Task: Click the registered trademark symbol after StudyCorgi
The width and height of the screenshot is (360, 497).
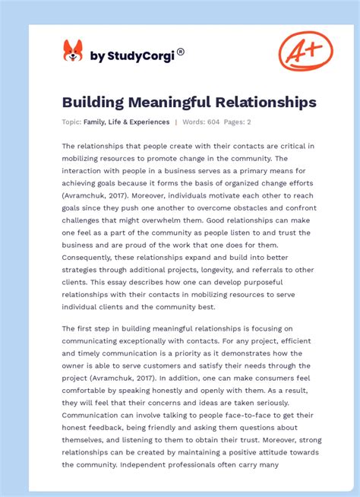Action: point(181,52)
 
